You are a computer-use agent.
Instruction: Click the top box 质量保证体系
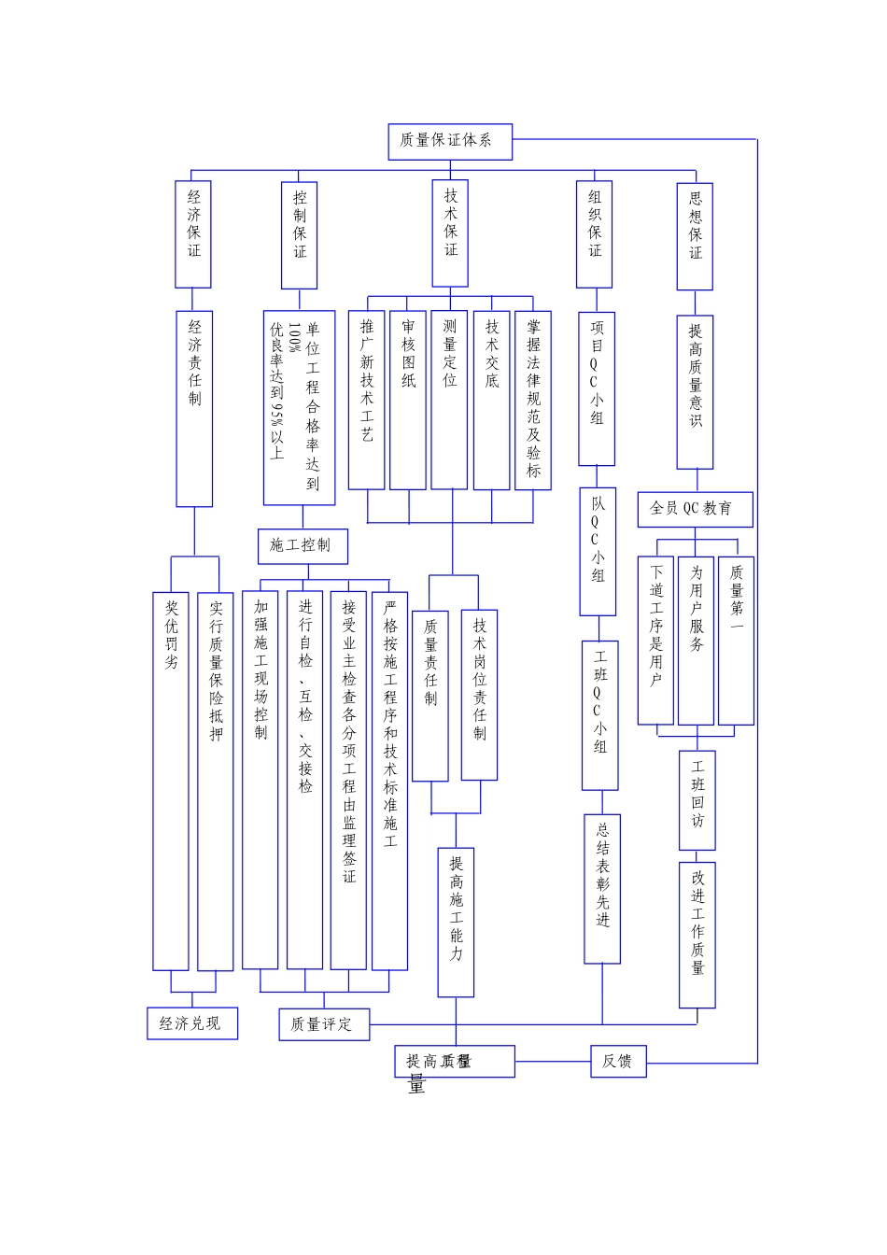pos(450,141)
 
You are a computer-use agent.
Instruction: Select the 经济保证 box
pos(193,233)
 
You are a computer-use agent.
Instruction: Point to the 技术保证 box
pos(450,233)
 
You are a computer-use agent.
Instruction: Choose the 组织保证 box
pos(595,233)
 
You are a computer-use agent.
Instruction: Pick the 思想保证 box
pos(695,235)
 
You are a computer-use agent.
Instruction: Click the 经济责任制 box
pos(194,408)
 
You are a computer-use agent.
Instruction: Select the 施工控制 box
pos(303,546)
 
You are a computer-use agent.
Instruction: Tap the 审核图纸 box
pos(408,400)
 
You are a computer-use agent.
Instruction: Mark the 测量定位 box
pos(449,400)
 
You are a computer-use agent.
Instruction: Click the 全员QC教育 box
pos(695,509)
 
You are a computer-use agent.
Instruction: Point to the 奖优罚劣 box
pos(171,780)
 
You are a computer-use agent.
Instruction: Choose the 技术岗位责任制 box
pos(479,695)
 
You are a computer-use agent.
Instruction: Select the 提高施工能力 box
pos(456,922)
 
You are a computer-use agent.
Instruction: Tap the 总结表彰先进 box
pos(602,888)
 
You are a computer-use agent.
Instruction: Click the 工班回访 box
pos(697,799)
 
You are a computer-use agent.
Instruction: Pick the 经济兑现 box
pos(191,1023)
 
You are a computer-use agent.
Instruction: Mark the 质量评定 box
pos(324,1024)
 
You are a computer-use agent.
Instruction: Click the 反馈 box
pos(618,1062)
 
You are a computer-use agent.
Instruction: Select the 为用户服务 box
pos(696,641)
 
